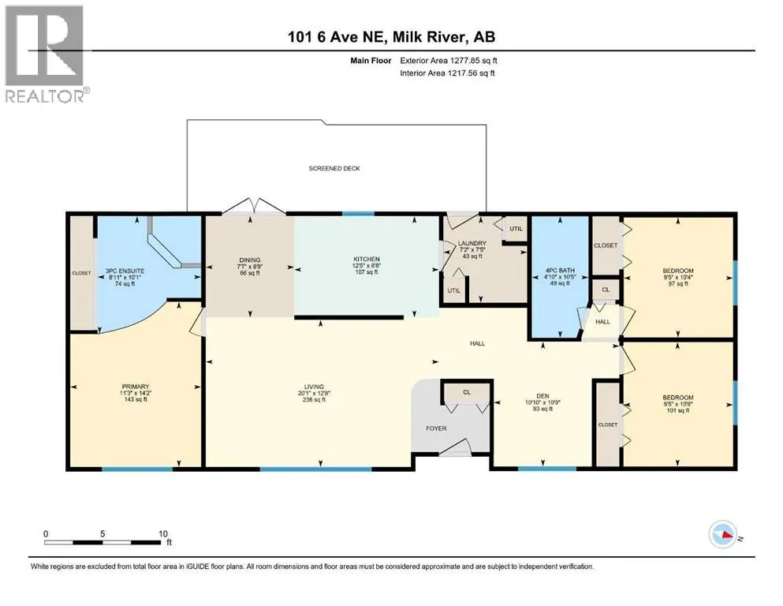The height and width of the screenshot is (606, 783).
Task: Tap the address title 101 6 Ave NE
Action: pyautogui.click(x=336, y=36)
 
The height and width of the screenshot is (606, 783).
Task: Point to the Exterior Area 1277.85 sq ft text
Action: pyautogui.click(x=449, y=61)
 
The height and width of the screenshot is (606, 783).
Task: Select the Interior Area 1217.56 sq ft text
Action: pyautogui.click(x=447, y=73)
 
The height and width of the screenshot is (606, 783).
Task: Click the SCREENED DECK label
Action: pyautogui.click(x=334, y=168)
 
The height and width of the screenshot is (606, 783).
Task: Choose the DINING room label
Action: pyautogui.click(x=250, y=260)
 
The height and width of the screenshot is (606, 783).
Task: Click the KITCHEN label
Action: pyautogui.click(x=367, y=259)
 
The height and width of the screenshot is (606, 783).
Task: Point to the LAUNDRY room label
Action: pyautogui.click(x=472, y=243)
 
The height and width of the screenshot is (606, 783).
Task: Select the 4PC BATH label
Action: pyautogui.click(x=560, y=271)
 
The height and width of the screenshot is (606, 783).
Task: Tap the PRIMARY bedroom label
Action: pyautogui.click(x=136, y=386)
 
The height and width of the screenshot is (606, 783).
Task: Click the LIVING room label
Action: pyautogui.click(x=314, y=386)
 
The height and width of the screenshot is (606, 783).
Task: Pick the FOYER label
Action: pyautogui.click(x=436, y=428)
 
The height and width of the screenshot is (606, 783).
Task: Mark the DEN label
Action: pyautogui.click(x=543, y=395)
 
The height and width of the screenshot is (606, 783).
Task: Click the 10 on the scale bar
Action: pyautogui.click(x=162, y=533)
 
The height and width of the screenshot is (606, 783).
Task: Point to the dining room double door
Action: pyautogui.click(x=254, y=206)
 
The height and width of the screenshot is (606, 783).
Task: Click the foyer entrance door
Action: pyautogui.click(x=455, y=447)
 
